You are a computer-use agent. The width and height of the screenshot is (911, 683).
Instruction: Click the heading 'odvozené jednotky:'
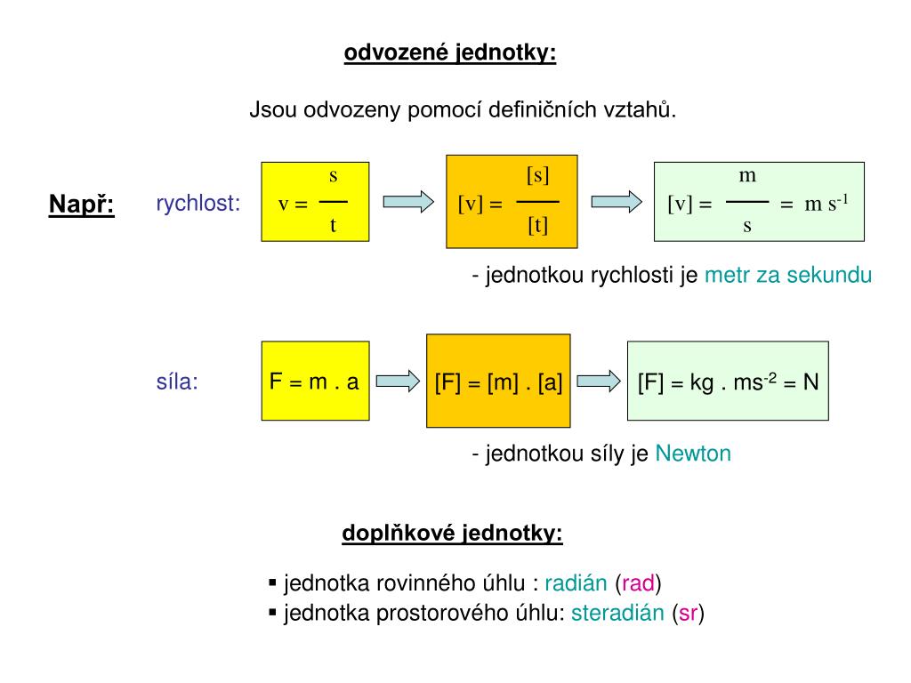[450, 53]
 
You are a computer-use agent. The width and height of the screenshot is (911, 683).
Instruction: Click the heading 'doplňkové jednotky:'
[452, 534]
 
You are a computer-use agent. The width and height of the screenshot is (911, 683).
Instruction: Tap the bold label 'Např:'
[81, 205]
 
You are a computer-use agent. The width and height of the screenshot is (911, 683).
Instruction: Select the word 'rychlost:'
[198, 204]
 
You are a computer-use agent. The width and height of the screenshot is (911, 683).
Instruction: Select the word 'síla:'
[177, 382]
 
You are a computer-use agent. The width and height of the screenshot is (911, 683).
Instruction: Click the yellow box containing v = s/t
[315, 202]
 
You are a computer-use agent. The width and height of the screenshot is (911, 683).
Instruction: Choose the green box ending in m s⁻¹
[759, 202]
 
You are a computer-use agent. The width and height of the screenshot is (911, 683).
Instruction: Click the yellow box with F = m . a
[315, 381]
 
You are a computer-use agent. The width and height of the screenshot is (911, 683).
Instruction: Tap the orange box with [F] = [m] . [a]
[498, 381]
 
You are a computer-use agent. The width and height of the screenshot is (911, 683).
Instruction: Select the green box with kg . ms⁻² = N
[728, 381]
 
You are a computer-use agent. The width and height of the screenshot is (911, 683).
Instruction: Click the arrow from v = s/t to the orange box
[407, 202]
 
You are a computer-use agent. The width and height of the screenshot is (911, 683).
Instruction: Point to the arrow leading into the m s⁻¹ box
[616, 202]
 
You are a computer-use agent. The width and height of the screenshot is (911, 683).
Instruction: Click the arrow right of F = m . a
[397, 382]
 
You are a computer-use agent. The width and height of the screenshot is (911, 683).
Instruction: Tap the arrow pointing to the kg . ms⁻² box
[600, 382]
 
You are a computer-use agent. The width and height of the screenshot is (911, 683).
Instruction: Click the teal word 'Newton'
[693, 454]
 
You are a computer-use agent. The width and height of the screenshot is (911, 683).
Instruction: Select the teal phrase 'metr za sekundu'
[788, 276]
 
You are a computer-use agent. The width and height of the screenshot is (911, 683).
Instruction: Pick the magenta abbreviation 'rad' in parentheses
[639, 584]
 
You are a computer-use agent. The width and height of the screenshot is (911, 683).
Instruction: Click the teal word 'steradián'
[617, 613]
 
